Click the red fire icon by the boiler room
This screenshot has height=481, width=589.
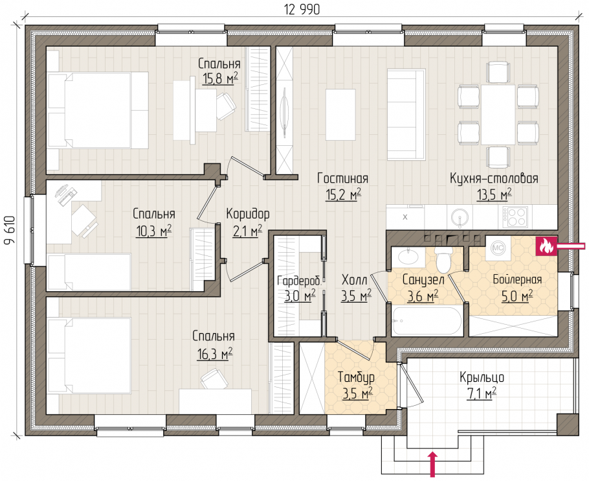[546, 246]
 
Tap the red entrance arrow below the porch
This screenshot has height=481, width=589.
[432, 464]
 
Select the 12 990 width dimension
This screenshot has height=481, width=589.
[302, 10]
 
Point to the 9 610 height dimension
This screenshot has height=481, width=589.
[10, 230]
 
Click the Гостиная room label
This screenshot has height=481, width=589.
[342, 178]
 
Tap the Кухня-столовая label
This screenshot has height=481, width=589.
[494, 178]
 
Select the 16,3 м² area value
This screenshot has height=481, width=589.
[214, 353]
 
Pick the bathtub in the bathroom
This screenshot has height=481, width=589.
[427, 322]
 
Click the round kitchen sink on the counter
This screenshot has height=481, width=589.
[459, 217]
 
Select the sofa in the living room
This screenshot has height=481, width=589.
[406, 114]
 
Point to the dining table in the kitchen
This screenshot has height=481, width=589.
[498, 115]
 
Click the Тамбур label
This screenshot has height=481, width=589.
[356, 377]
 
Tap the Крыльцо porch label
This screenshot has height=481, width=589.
[482, 377]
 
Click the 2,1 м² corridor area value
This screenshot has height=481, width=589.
[247, 231]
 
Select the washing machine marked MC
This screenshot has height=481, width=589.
[498, 248]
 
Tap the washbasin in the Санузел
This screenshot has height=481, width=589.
[408, 257]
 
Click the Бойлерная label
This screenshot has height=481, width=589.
[517, 279]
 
